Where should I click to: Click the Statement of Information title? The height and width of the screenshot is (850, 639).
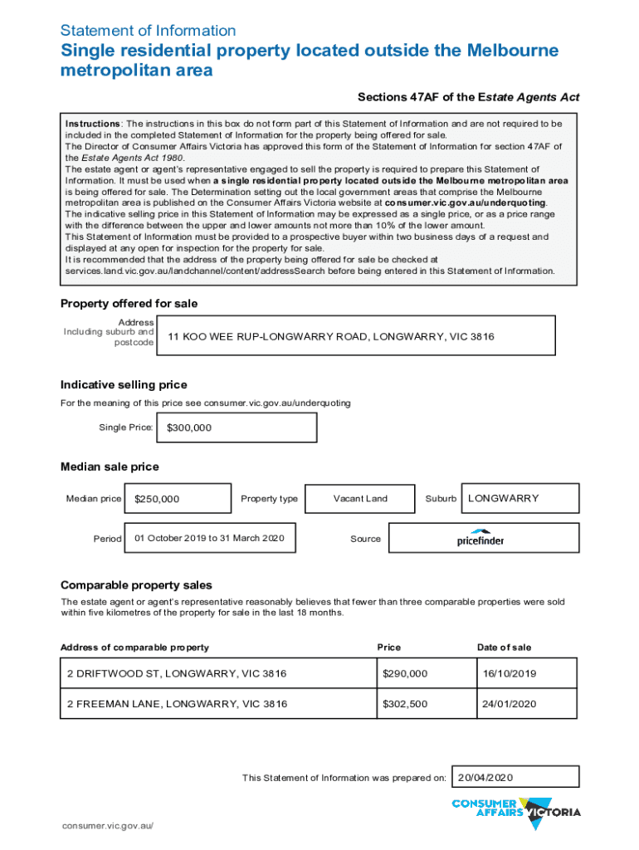tap(149, 31)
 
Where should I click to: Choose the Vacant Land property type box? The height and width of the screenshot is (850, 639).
tap(360, 499)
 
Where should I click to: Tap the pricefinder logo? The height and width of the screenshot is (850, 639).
tap(480, 538)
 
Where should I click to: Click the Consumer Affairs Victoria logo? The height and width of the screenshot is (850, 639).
tap(515, 812)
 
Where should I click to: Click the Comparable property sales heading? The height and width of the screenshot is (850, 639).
tap(136, 585)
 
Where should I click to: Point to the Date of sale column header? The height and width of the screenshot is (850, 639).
tap(504, 647)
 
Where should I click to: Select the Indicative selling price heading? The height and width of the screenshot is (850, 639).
tap(124, 385)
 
